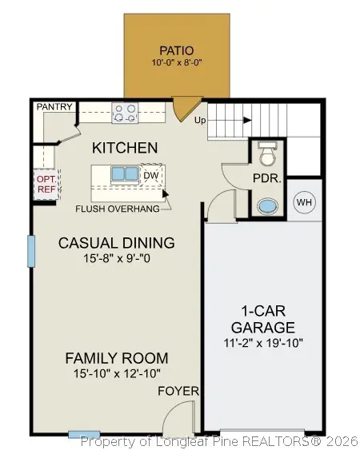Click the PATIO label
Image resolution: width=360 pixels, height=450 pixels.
[x=177, y=50]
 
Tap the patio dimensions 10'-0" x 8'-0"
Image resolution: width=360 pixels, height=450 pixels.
[x=177, y=63]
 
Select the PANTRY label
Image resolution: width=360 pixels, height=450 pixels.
[x=54, y=107]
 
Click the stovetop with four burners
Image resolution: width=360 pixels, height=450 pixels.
[x=125, y=113]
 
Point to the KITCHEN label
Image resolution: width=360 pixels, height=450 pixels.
[x=125, y=148]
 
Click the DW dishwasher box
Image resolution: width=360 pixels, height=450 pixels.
[x=151, y=175]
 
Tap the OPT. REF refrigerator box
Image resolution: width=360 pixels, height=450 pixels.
[x=47, y=185]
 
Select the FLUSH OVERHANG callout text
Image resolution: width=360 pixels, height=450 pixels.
[x=118, y=209]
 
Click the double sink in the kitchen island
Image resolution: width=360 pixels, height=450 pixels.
[x=125, y=174]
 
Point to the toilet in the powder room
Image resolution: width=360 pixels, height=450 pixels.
[x=268, y=153]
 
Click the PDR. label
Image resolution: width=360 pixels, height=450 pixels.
[x=266, y=178]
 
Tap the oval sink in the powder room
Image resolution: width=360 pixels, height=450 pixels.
[x=267, y=207]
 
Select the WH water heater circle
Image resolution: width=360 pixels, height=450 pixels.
[x=304, y=202]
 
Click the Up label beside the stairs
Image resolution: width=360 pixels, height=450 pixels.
[x=200, y=120]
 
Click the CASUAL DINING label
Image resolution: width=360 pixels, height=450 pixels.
[x=117, y=243]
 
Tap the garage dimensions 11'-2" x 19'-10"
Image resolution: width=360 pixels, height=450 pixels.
[x=263, y=343]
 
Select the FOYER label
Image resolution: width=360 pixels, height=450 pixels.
[x=178, y=391]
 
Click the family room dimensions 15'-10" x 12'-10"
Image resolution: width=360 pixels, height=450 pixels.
[x=117, y=373]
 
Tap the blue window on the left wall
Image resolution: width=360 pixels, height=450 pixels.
[x=31, y=251]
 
